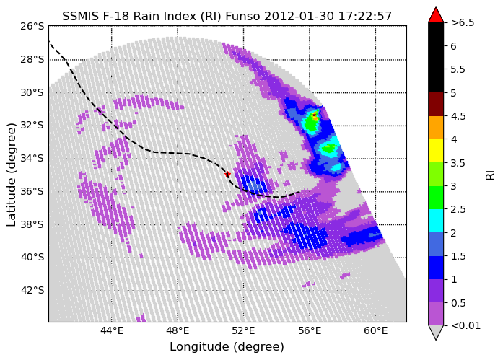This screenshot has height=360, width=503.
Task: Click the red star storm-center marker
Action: point(227,175)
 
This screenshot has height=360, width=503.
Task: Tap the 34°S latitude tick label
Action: point(32,158)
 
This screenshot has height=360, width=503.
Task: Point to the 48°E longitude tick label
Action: point(178,330)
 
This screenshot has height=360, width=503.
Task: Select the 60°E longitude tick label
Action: point(376,330)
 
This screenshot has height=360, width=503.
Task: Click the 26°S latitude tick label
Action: point(32,26)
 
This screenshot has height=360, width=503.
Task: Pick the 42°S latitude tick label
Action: point(32,290)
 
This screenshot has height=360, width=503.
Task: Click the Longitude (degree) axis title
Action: point(227,346)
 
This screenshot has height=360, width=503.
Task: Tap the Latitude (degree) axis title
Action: point(12,175)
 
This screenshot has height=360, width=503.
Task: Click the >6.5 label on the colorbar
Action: point(463,23)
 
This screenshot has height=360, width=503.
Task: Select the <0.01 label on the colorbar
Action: point(465,325)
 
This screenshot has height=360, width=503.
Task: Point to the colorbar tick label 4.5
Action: point(458,116)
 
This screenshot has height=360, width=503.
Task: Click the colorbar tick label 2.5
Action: point(458,209)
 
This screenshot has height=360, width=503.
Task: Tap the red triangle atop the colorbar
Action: point(436,16)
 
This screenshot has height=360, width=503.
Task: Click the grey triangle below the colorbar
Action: point(436,332)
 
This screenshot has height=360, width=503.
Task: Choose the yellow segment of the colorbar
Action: point(436,151)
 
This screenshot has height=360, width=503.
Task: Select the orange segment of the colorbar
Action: point(436,128)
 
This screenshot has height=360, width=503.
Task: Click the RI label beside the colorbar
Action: point(491,175)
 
